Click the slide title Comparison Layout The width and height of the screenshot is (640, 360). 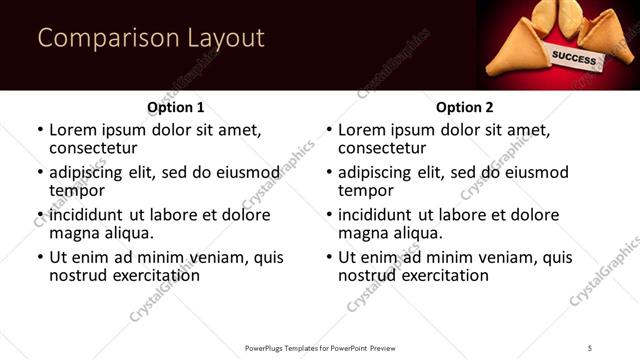pos(151,39)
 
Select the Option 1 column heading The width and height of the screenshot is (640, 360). pos(175,107)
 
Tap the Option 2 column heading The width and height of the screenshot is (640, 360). pos(464,107)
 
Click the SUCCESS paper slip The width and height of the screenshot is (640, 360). pos(574,55)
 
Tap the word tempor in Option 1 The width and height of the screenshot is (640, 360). pos(77,190)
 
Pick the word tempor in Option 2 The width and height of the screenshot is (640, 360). pos(366,190)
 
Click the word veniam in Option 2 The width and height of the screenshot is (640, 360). pos(495,257)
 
